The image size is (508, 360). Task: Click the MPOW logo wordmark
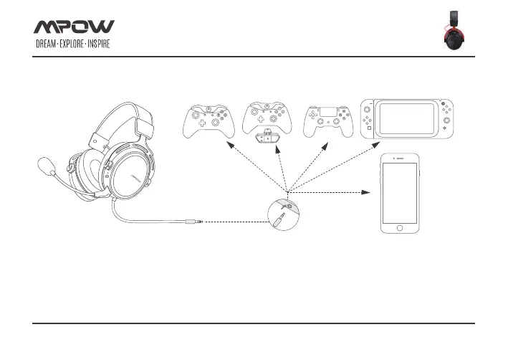click(x=74, y=27)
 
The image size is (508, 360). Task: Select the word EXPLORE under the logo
click(x=75, y=45)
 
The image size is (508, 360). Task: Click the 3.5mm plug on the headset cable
click(x=191, y=222)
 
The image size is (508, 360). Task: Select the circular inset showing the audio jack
click(x=282, y=214)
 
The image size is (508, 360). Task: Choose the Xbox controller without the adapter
click(x=208, y=120)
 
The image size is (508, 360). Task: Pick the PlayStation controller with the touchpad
click(x=329, y=120)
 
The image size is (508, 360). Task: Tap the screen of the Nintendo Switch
click(x=406, y=118)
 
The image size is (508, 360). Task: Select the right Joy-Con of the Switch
click(x=445, y=118)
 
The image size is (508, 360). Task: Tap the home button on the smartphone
click(x=399, y=227)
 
